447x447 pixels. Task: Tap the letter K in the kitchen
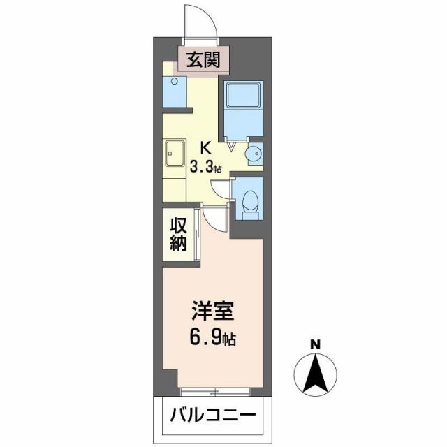pos(205,147)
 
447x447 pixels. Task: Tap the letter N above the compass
pos(314,344)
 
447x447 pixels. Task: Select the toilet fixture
pos(250,202)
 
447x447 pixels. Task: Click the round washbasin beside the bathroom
pos(255,153)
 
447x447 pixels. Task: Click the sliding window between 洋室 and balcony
pos(213,388)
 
